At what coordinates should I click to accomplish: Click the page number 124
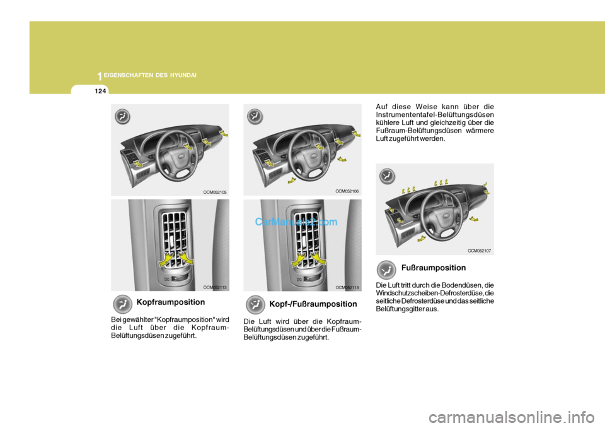click(x=99, y=92)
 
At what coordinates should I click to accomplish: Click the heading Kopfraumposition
click(x=170, y=302)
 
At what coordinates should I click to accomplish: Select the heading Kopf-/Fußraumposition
click(x=313, y=304)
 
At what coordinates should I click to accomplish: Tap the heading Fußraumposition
click(x=434, y=268)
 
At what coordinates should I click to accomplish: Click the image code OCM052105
click(x=214, y=191)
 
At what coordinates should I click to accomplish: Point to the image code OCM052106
click(x=347, y=190)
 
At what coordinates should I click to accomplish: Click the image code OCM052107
click(x=479, y=251)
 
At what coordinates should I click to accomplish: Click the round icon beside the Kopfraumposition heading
click(x=124, y=304)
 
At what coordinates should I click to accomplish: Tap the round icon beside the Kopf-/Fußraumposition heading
click(x=256, y=306)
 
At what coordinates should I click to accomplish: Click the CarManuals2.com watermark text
click(x=296, y=222)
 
